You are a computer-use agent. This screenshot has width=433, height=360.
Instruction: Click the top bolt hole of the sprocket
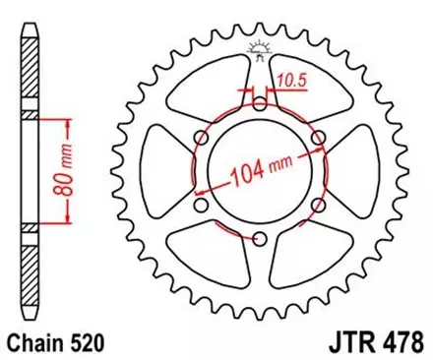(260, 103)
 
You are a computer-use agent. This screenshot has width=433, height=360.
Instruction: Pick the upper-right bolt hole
(319, 138)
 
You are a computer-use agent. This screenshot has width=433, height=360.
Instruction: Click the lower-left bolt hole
(201, 206)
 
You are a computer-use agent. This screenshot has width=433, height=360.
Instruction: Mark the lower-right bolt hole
(319, 206)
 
